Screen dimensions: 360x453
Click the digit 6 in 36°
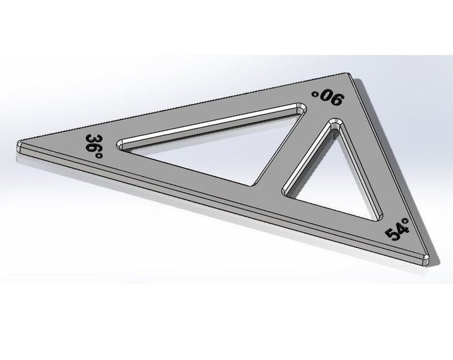pyautogui.click(x=95, y=147)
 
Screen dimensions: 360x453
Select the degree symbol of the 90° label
pyautogui.click(x=315, y=94)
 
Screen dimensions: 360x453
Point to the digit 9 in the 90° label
pyautogui.click(x=335, y=101)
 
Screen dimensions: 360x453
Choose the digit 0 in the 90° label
pyautogui.click(x=325, y=98)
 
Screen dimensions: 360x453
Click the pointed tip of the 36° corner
pyautogui.click(x=18, y=145)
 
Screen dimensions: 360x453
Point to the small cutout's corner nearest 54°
pyautogui.click(x=381, y=214)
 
